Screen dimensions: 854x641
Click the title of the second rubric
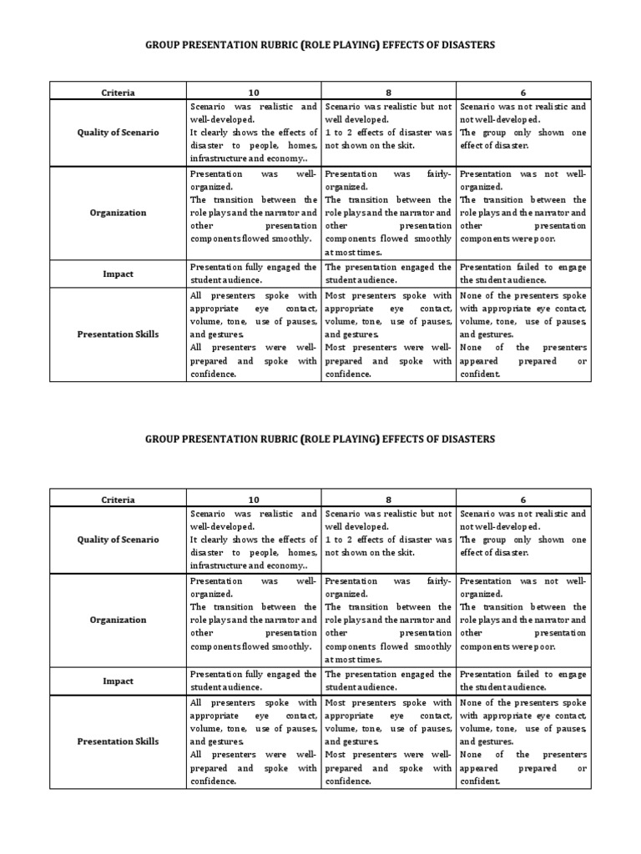pyautogui.click(x=320, y=439)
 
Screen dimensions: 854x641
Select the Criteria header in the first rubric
pyautogui.click(x=118, y=93)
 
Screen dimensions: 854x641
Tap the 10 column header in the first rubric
pyautogui.click(x=254, y=93)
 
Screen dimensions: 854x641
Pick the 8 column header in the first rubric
pyautogui.click(x=388, y=93)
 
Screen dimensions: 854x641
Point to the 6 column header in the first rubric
pyautogui.click(x=522, y=93)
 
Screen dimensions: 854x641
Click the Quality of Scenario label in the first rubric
pyautogui.click(x=118, y=133)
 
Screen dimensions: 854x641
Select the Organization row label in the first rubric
pyautogui.click(x=118, y=213)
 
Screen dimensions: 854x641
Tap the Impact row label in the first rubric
pyautogui.click(x=118, y=273)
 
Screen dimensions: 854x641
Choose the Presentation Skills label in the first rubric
pyautogui.click(x=118, y=334)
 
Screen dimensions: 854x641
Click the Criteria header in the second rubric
pyautogui.click(x=118, y=500)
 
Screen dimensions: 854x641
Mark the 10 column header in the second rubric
pyautogui.click(x=254, y=500)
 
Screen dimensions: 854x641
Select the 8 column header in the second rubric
pyautogui.click(x=388, y=500)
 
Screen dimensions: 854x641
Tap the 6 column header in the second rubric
pyautogui.click(x=522, y=500)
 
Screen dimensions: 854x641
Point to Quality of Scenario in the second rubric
pyautogui.click(x=118, y=540)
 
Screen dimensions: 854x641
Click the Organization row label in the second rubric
pyautogui.click(x=118, y=620)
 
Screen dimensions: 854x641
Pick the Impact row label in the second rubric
pyautogui.click(x=118, y=681)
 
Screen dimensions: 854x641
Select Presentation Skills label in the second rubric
pyautogui.click(x=118, y=741)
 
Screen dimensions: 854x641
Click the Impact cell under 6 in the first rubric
pyautogui.click(x=522, y=274)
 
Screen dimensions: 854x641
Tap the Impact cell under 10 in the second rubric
pyautogui.click(x=254, y=681)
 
